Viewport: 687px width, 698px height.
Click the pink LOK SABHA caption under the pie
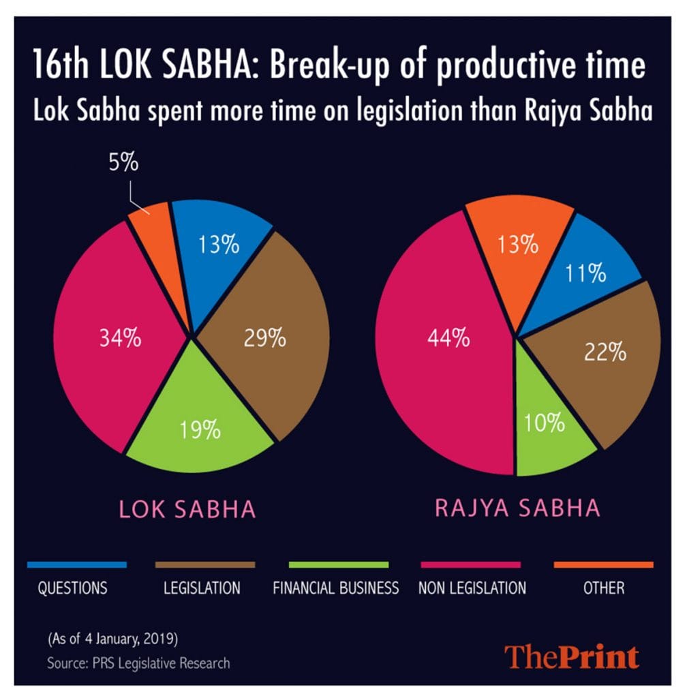(187, 509)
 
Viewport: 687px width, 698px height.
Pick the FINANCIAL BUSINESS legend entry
(335, 588)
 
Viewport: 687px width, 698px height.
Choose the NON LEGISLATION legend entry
(472, 588)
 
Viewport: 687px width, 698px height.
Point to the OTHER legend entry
(603, 588)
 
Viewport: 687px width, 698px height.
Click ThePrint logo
(572, 656)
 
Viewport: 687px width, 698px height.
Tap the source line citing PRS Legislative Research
(138, 662)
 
